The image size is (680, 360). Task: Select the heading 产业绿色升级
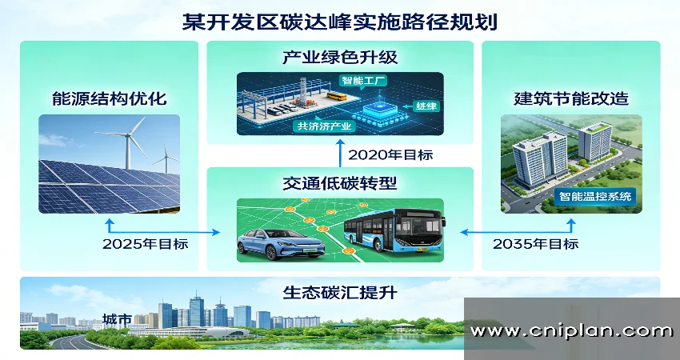point(340,58)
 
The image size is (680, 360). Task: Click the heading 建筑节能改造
point(570,99)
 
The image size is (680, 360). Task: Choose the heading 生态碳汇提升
point(340,292)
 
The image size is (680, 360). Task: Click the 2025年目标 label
point(146,244)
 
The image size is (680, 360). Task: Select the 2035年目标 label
point(535,244)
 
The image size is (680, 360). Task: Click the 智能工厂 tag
point(364,81)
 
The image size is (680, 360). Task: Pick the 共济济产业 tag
point(325,126)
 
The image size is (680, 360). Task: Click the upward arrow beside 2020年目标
point(340,154)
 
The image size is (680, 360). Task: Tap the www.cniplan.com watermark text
point(571,330)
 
